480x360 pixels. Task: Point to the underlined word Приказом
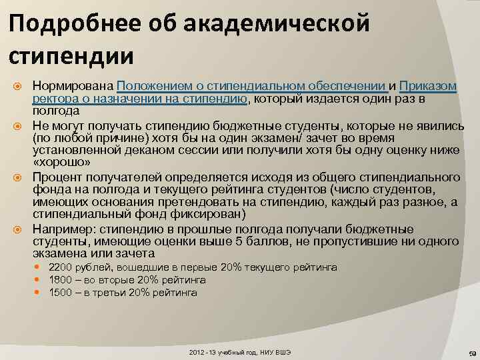[x=429, y=87]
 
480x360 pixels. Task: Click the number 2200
[x=61, y=267]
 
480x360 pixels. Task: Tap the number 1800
[x=61, y=280]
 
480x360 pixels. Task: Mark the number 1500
[x=61, y=293]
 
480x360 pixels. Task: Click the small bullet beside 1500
[x=42, y=293]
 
